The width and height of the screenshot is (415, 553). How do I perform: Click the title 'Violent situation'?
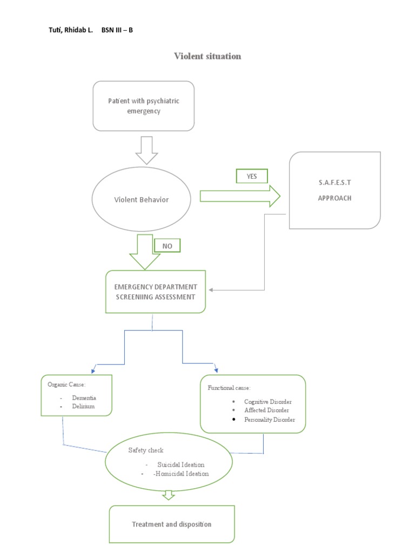[x=207, y=56]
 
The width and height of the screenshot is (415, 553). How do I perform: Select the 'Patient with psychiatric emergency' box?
[x=143, y=106]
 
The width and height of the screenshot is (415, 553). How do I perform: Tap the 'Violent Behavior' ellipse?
[x=141, y=199]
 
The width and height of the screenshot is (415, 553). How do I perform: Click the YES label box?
[x=251, y=177]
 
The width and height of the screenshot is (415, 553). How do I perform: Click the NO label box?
[x=167, y=246]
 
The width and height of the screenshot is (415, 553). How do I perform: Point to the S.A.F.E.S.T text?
[x=334, y=183]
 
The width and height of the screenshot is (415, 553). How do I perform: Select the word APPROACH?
[x=334, y=198]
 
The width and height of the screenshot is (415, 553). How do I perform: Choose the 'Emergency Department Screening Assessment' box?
[x=156, y=292]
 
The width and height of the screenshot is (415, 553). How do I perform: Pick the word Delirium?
[x=83, y=406]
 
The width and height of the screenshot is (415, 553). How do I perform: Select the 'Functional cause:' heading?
[x=229, y=388]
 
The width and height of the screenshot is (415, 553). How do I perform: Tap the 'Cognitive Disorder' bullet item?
[x=267, y=402]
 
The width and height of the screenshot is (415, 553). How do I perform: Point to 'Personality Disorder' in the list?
[x=270, y=420]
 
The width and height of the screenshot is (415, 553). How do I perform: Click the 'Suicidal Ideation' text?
[x=180, y=464]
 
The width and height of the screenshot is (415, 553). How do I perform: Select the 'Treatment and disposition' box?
[x=172, y=524]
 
